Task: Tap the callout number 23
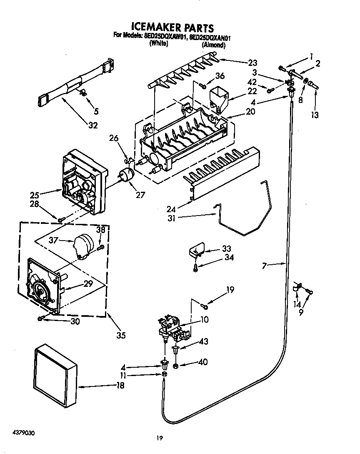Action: click(x=252, y=63)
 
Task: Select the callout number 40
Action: click(x=203, y=362)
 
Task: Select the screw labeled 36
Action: click(x=203, y=85)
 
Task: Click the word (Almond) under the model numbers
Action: click(x=214, y=45)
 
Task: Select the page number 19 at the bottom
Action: click(x=159, y=438)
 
